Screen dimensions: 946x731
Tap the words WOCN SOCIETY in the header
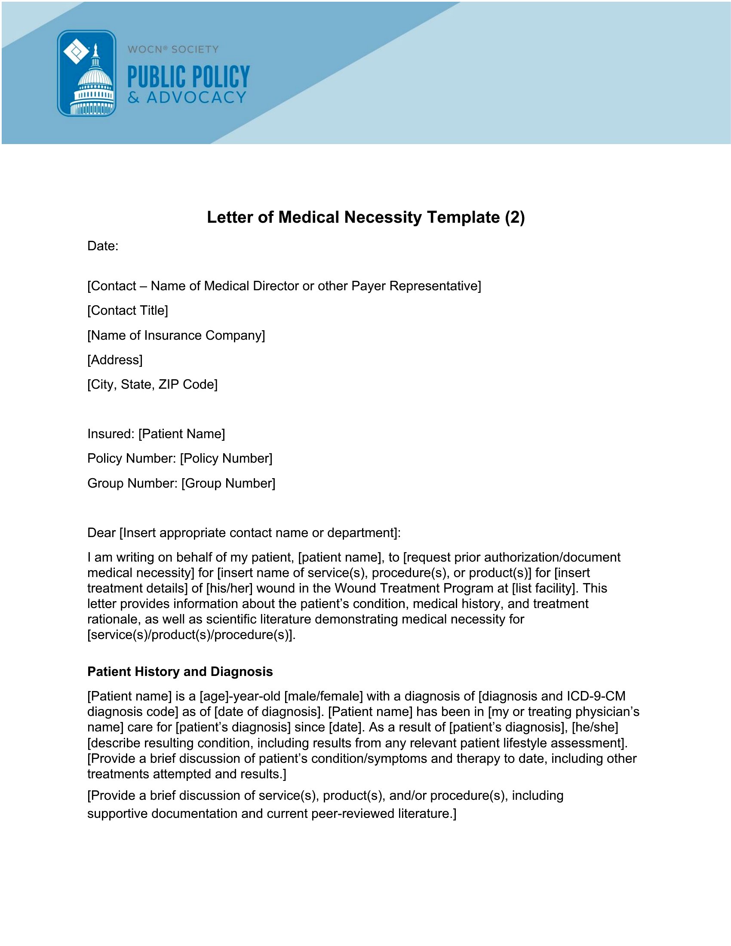coord(173,49)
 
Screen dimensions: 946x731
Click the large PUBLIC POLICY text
coord(188,77)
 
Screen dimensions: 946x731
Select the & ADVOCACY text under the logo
coord(187,98)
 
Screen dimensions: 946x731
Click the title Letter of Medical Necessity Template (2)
coord(365,217)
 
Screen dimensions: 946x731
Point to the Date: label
coord(103,246)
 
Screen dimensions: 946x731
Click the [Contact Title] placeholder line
coord(127,310)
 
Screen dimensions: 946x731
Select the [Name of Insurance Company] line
coord(176,335)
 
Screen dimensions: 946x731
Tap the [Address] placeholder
coord(115,360)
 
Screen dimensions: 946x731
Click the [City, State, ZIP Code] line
coord(153,385)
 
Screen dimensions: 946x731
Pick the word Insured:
coord(111,434)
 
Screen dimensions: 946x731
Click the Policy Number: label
coord(132,458)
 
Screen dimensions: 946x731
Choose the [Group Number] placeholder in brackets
coord(228,483)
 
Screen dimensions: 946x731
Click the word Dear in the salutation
coord(101,532)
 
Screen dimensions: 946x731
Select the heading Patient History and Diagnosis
coord(180,671)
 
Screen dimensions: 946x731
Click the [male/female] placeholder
coord(323,696)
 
